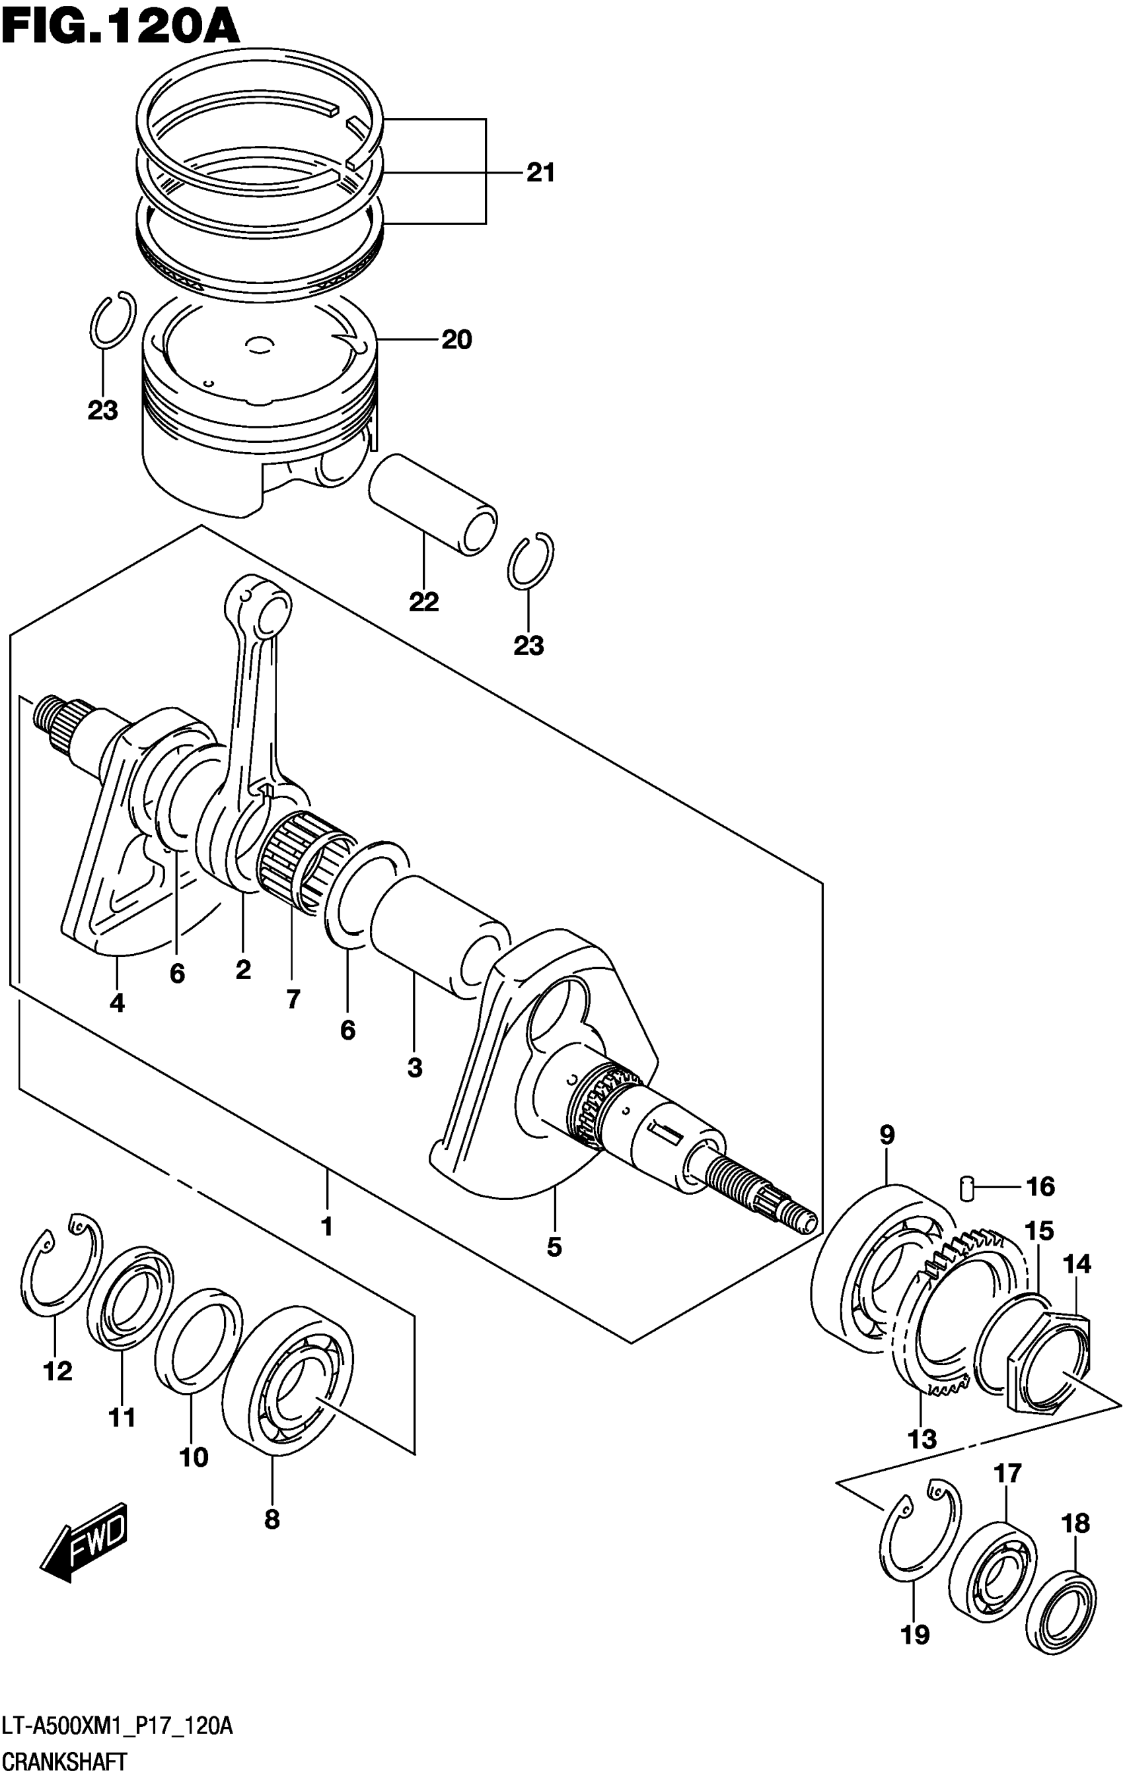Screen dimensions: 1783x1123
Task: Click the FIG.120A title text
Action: [120, 28]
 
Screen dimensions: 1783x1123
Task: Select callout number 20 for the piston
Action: [456, 340]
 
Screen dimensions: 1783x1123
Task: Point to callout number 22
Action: [423, 602]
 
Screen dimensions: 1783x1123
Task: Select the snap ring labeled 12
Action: [61, 1273]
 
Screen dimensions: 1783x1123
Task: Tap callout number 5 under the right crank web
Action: [554, 1248]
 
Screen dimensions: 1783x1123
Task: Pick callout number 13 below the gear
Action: [922, 1438]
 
